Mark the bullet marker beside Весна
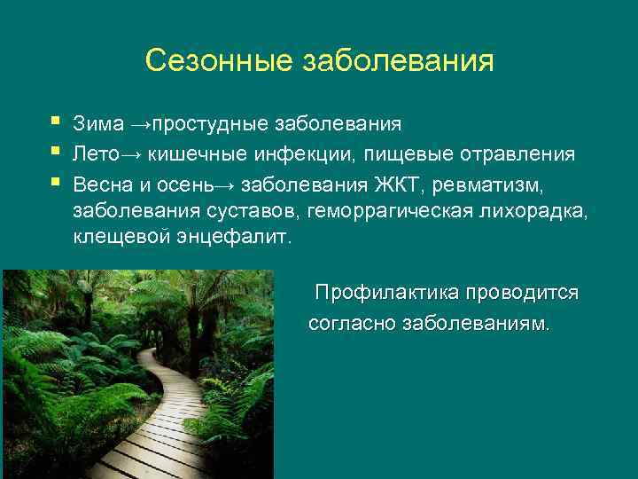58,180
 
